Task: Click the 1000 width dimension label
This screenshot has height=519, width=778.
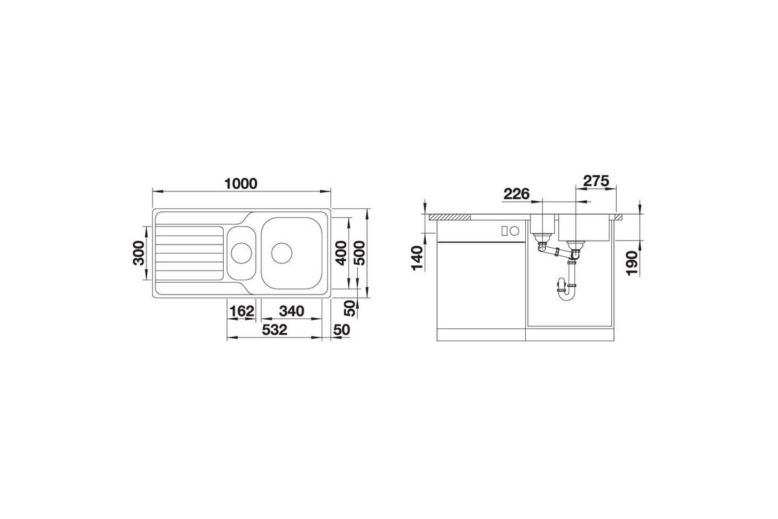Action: tap(241, 184)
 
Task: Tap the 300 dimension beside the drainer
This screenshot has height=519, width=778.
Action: tap(139, 253)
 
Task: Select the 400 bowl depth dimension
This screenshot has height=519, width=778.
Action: tap(342, 253)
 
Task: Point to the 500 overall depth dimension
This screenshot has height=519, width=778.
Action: tap(360, 253)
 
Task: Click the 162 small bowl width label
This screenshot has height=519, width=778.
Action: tap(242, 311)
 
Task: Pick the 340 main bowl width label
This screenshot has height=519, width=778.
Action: tap(291, 311)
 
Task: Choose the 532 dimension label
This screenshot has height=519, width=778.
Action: tap(274, 330)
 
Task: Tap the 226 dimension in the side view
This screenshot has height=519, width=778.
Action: tap(517, 193)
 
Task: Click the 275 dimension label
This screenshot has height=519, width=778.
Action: tap(596, 181)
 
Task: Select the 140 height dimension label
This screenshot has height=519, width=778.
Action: tap(417, 258)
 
